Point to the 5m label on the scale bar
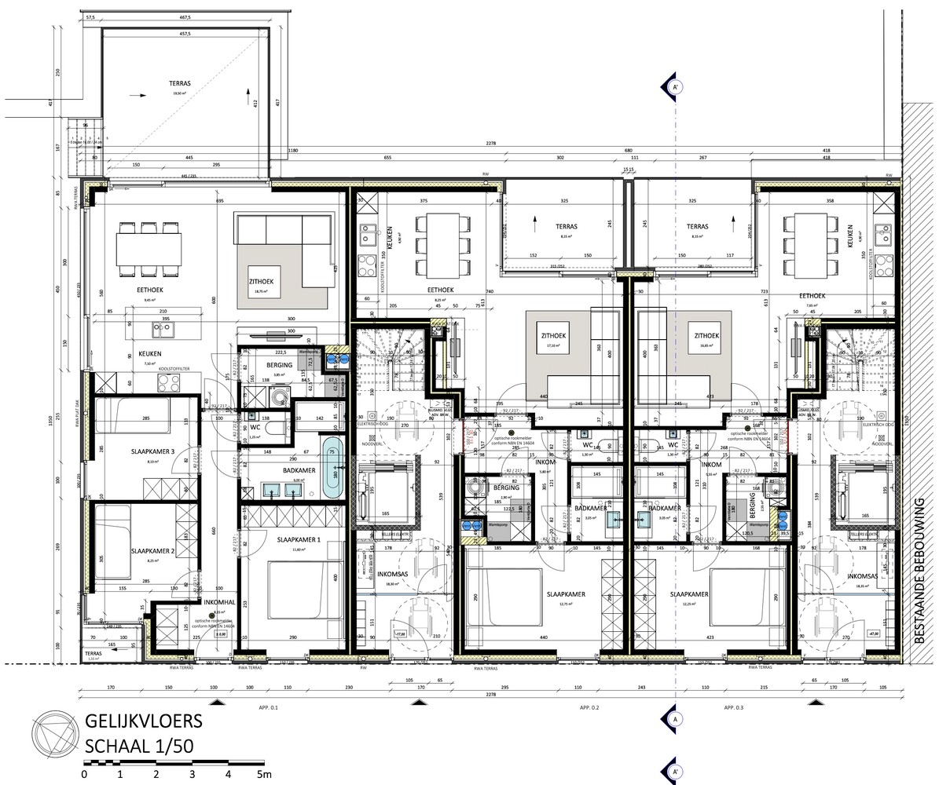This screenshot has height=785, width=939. (263, 775)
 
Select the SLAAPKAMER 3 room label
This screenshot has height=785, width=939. (152, 451)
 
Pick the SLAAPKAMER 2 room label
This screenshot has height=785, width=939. (152, 551)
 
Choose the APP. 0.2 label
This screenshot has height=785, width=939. (590, 707)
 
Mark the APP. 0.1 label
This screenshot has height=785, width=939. (269, 707)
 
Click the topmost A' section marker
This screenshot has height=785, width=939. (674, 87)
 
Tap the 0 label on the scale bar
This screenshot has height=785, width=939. (84, 775)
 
